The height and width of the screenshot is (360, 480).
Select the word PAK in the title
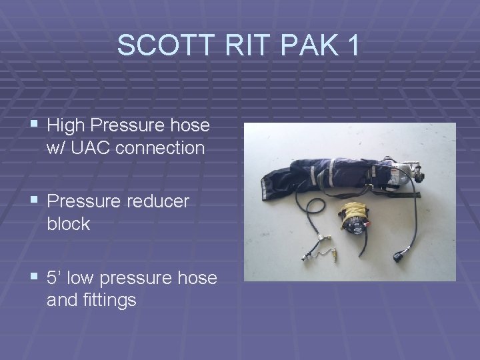point(298,45)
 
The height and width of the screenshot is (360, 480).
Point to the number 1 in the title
point(351,45)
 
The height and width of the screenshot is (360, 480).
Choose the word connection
point(160,148)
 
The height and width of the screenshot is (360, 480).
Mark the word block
point(69,224)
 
